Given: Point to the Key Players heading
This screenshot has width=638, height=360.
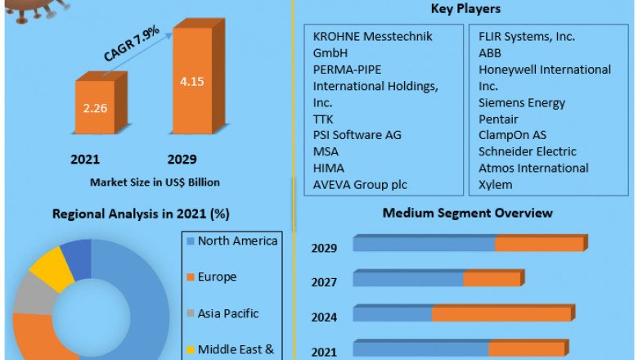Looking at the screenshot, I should click(465, 9).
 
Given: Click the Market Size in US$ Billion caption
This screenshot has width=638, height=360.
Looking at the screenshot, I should click(155, 181).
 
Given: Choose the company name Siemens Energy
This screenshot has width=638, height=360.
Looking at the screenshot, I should click(522, 102).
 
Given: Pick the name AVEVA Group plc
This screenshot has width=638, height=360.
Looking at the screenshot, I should click(360, 184).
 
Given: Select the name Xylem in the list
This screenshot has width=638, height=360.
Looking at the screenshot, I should click(496, 184).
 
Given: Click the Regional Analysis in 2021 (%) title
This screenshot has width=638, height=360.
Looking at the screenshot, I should click(141, 214).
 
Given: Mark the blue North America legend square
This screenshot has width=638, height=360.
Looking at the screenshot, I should click(190, 241).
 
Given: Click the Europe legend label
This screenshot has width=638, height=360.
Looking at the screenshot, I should click(217, 277).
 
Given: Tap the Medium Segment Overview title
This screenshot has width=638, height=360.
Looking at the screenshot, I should click(467, 213).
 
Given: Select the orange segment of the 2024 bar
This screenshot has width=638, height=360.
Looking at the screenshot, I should click(501, 313).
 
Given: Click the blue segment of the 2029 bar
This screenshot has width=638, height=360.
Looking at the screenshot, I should click(424, 244).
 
